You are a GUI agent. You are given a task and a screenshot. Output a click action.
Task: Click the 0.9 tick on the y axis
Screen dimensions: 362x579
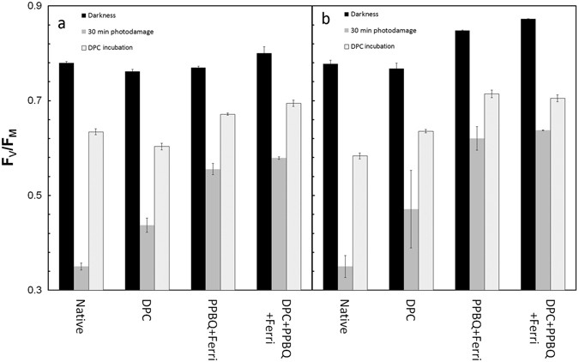pos(35,6)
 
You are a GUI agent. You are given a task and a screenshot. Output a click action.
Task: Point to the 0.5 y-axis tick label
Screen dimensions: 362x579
pos(35,196)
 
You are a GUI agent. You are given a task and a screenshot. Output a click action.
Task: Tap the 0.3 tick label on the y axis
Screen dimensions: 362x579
pos(35,291)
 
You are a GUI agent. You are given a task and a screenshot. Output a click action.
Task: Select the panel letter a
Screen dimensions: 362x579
pos(61,23)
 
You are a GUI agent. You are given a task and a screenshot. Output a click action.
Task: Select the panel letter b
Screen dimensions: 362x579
pos(325,19)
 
